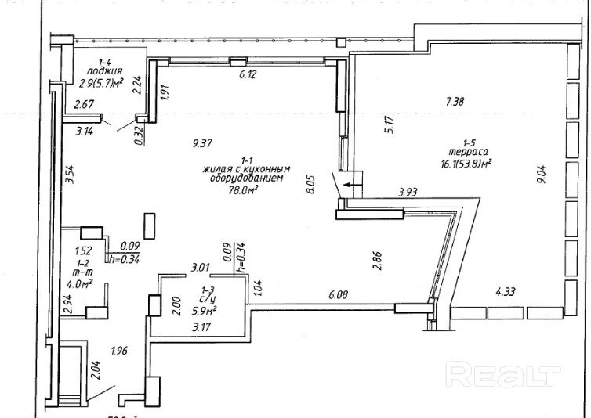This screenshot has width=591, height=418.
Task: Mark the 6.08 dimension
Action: (x=338, y=294)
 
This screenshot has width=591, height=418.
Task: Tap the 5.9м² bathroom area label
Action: (x=205, y=310)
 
